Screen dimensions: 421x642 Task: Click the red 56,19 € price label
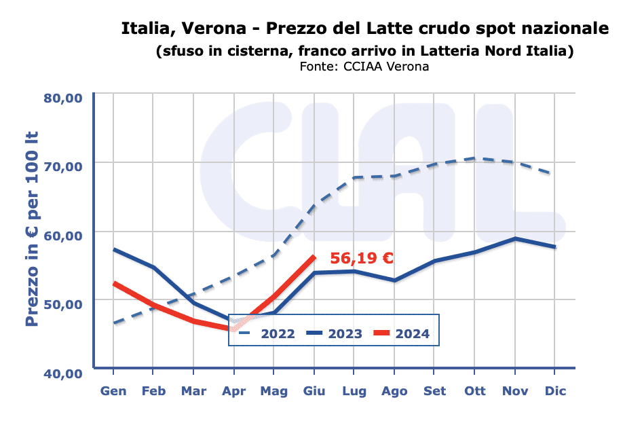click(362, 259)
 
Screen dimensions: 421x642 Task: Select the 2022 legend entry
click(268, 333)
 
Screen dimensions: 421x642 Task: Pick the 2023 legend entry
click(335, 333)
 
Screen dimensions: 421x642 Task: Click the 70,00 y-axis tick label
click(63, 166)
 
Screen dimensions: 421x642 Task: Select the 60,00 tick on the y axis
click(63, 235)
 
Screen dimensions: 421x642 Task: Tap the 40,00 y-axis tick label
click(63, 373)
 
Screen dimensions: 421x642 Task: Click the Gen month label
click(113, 391)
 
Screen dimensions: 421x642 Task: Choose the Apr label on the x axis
click(234, 391)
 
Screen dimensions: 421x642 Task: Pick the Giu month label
click(314, 391)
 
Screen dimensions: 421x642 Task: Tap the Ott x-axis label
click(474, 391)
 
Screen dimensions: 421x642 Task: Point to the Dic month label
click(555, 391)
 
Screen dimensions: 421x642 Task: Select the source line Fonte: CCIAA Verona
click(364, 67)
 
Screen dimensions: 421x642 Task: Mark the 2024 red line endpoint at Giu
click(314, 257)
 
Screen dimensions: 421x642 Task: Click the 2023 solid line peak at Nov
click(515, 238)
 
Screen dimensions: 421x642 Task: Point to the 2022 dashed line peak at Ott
click(475, 158)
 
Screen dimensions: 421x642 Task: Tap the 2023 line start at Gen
click(113, 249)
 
